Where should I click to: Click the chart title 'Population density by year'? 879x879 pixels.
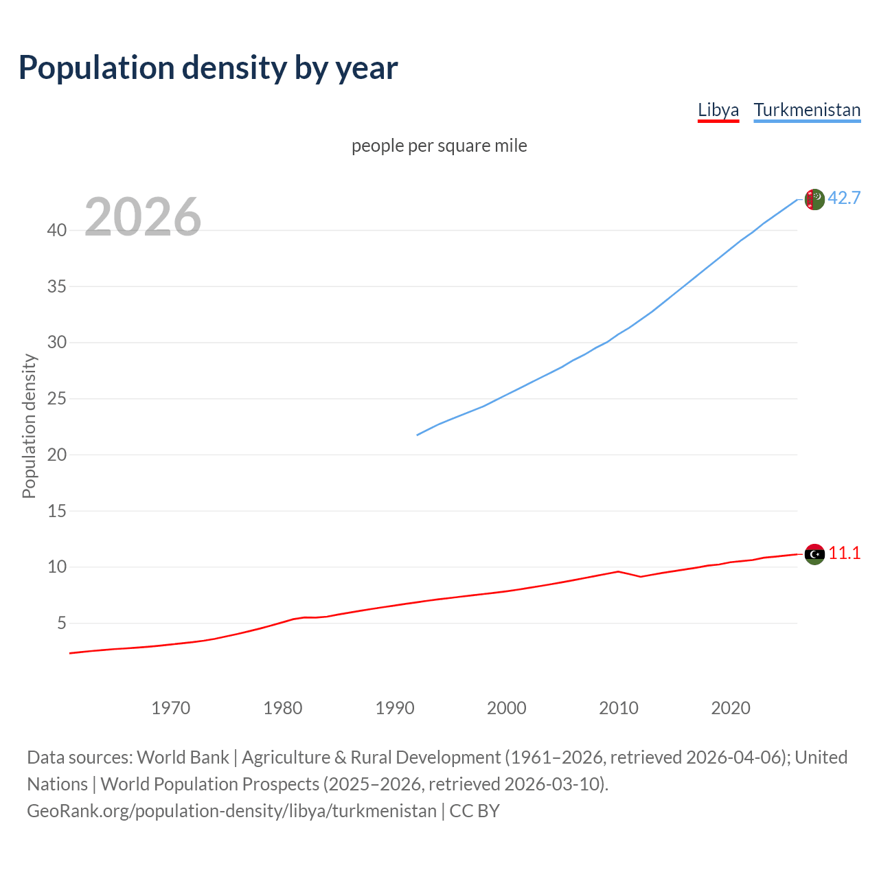208,68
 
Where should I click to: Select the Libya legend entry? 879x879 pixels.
718,110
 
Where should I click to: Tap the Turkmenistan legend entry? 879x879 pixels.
807,110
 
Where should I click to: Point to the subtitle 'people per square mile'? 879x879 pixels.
439,146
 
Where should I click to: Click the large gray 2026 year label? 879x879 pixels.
143,217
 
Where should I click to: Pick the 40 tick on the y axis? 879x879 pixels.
57,230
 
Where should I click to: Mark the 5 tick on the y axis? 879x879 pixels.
62,623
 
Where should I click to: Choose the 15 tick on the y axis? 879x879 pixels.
57,511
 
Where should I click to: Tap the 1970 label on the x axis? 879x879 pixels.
171,708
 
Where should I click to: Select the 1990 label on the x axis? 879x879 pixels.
395,708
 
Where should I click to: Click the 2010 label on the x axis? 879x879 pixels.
619,708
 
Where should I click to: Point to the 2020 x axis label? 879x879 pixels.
731,708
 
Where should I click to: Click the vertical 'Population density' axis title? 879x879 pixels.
29,426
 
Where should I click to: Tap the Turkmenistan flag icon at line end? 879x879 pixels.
814,199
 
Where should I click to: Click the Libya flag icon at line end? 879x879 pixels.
814,554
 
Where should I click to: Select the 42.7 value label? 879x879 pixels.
844,198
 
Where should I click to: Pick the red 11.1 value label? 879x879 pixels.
844,553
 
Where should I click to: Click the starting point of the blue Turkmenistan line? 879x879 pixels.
418,435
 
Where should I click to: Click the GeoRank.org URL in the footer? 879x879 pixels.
231,811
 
